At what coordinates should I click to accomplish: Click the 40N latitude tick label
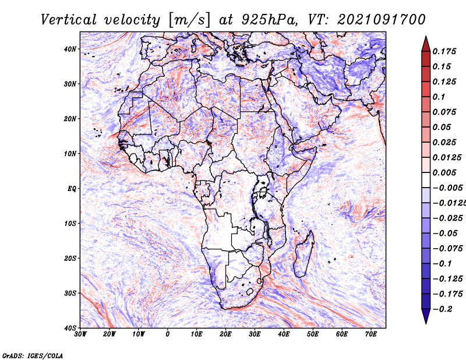[70, 49]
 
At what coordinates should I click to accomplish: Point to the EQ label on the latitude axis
[72, 189]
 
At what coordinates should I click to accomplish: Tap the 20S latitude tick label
[70, 258]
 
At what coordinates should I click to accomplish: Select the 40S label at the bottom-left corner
[70, 328]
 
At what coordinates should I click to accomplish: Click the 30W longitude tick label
[80, 334]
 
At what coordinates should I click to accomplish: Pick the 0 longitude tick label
[168, 334]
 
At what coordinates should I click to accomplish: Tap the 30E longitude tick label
[255, 334]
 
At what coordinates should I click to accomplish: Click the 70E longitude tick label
[371, 334]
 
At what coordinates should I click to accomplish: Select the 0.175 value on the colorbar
[444, 51]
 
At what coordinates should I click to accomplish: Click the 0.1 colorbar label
[439, 97]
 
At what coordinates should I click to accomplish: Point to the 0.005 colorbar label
[444, 172]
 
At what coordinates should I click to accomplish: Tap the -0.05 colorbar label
[445, 234]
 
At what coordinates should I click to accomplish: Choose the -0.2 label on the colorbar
[442, 309]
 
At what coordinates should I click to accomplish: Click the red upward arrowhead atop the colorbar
[426, 44]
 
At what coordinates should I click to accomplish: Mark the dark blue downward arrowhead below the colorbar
[426, 316]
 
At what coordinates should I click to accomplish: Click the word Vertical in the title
[69, 20]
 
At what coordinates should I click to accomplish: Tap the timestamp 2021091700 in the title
[382, 20]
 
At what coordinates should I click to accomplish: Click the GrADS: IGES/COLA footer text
[33, 355]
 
